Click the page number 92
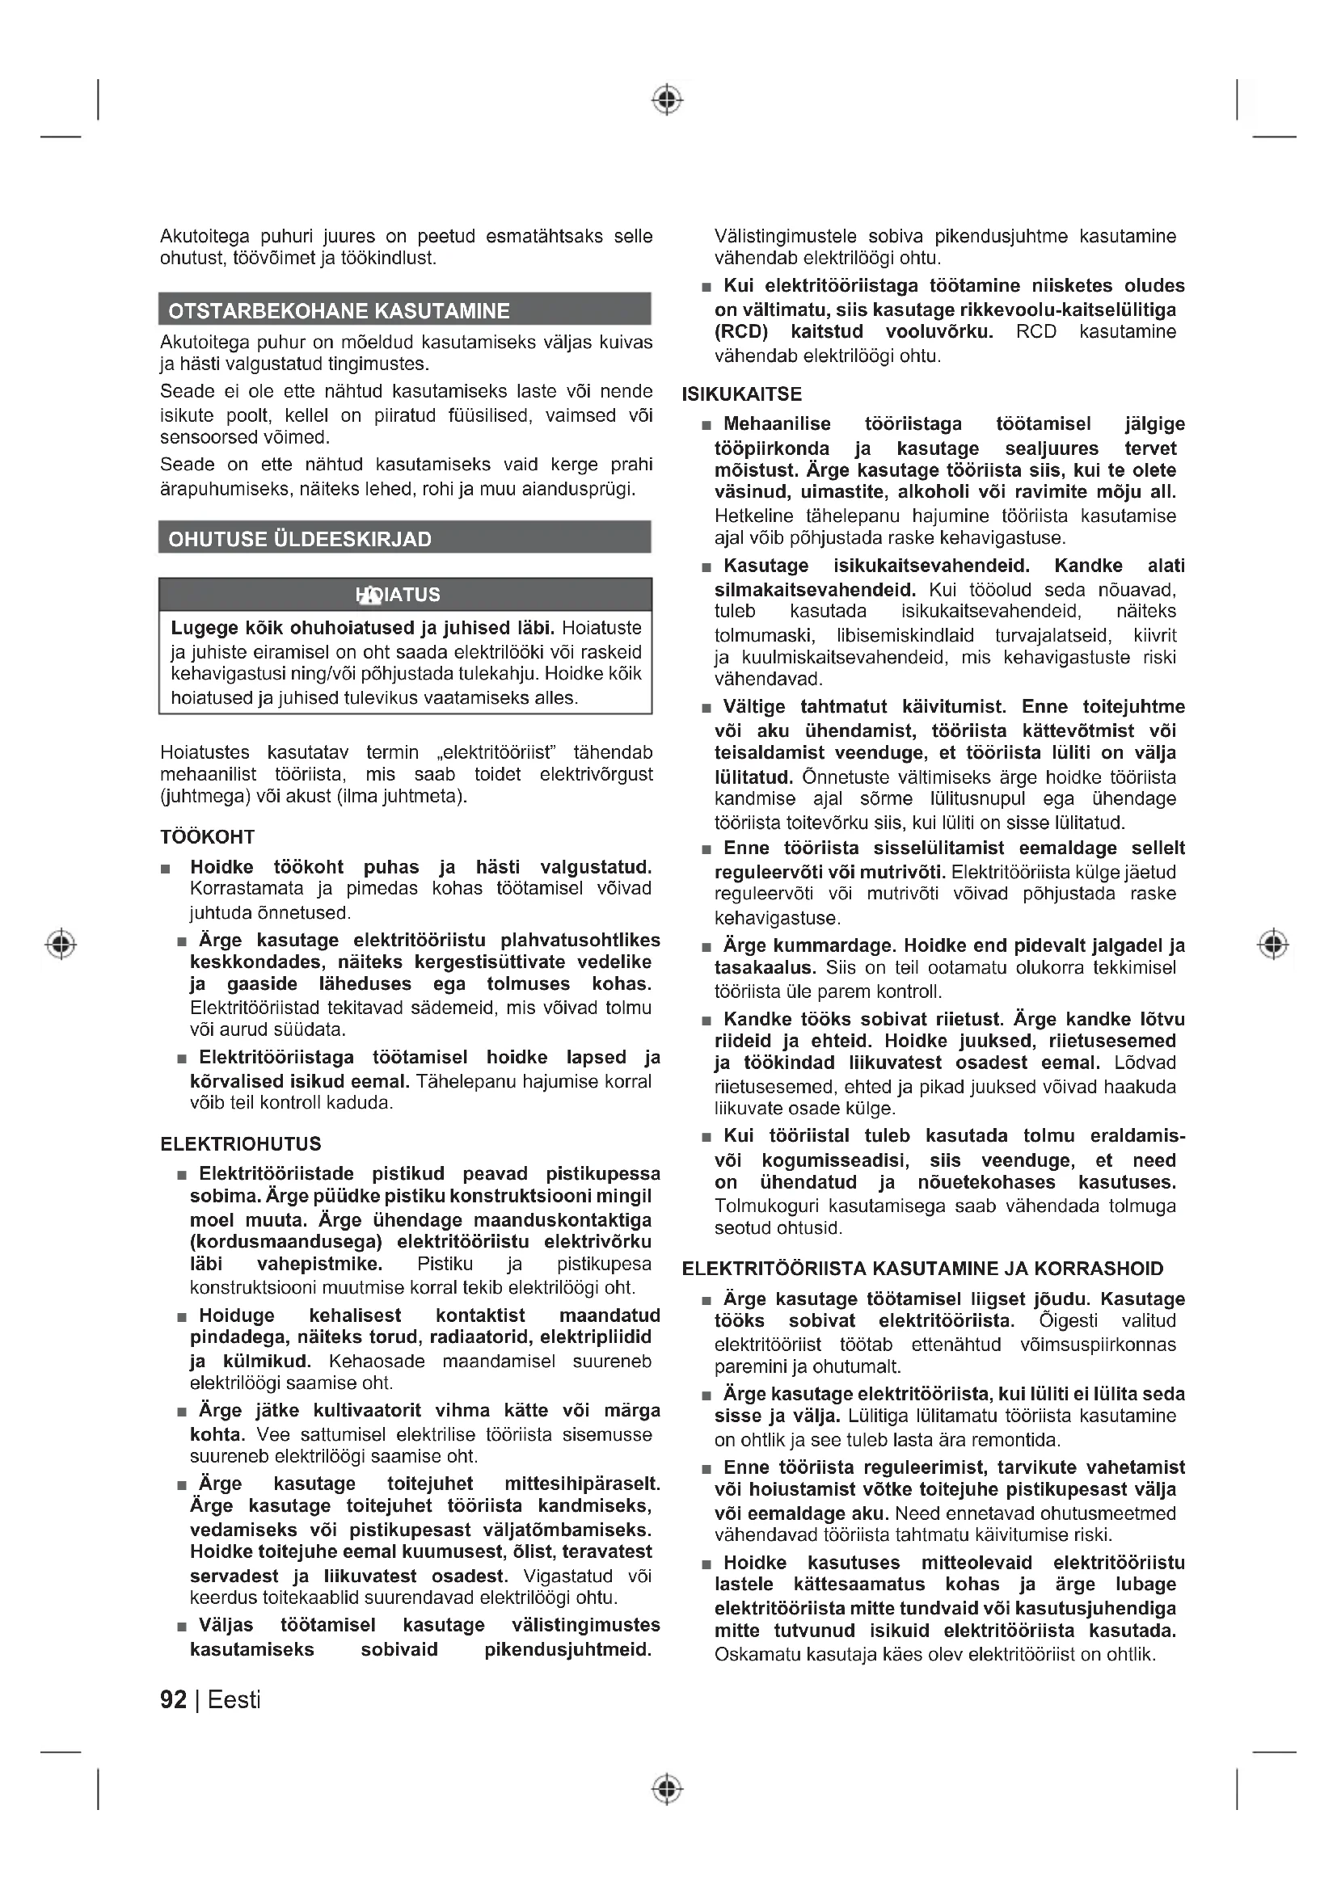173,1700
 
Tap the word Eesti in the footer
234,1700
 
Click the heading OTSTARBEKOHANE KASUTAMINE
339,311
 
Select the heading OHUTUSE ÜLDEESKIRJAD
300,539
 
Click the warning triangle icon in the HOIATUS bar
370,595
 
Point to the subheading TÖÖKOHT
208,837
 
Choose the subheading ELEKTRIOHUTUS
240,1143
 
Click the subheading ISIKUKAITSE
742,394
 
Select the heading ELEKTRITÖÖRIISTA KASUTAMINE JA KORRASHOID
923,1269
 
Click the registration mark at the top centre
668,99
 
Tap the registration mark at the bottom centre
668,1789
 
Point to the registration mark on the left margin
61,943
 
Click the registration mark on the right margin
1273,943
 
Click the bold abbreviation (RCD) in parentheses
741,332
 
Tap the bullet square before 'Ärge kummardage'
706,948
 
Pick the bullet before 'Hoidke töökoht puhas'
166,869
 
